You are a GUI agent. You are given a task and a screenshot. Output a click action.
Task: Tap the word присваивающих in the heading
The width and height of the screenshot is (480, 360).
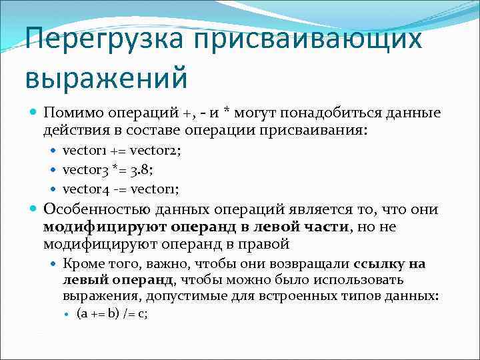coord(308,38)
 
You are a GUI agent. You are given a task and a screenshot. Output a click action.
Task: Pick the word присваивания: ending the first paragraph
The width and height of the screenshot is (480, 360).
coord(314,131)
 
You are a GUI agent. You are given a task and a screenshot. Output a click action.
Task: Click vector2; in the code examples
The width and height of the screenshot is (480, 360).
coord(154,151)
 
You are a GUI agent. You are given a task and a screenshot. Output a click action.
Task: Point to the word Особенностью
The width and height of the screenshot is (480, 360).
coord(97,210)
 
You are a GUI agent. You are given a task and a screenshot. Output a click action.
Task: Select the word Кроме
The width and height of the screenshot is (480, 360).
coord(80,264)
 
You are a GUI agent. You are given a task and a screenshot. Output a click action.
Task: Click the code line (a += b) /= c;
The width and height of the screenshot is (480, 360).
coord(112,313)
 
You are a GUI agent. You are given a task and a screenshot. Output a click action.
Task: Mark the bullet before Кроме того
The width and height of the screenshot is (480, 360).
coord(55,265)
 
